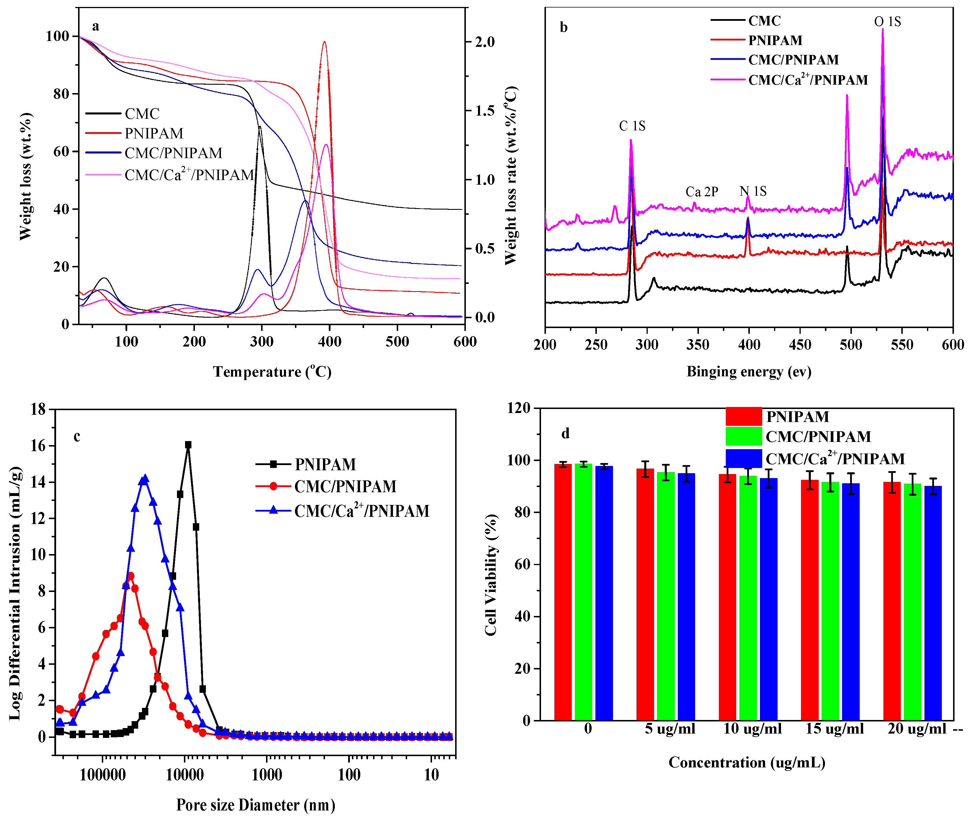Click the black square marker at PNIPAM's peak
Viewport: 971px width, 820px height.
[188, 445]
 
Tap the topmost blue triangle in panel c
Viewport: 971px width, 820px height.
[145, 478]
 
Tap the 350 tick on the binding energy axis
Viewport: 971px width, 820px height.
[697, 345]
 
